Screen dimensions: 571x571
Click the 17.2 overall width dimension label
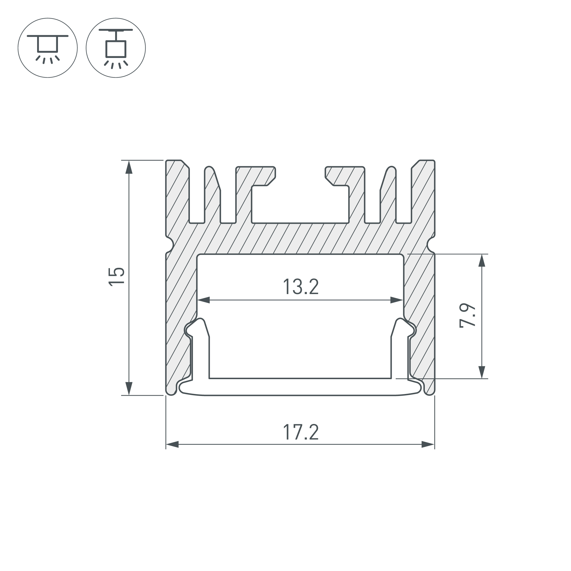301,432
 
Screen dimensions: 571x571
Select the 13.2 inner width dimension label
301,287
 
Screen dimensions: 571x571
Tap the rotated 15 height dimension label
116,276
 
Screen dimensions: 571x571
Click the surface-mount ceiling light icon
48,48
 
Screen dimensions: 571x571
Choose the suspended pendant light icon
116,48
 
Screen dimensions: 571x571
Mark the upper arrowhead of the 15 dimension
128,167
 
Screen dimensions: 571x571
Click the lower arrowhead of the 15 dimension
128,388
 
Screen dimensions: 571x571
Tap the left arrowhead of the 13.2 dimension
204,300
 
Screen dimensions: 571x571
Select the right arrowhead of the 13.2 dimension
397,300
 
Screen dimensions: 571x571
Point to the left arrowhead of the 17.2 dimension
172,444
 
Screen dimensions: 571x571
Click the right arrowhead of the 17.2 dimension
428,444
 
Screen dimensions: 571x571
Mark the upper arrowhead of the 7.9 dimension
482,261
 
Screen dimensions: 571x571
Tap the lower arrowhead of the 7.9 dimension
482,372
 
